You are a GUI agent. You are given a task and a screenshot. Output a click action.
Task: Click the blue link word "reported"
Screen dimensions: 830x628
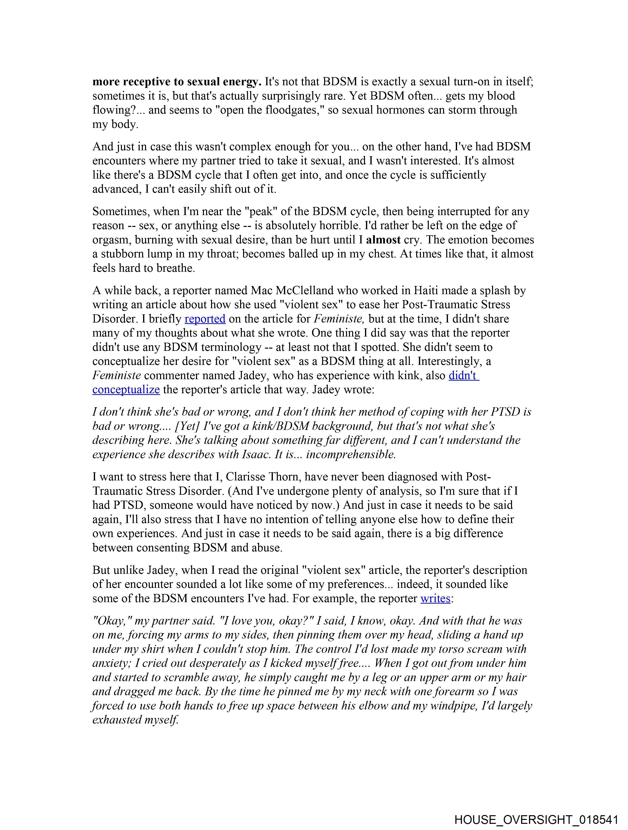[x=205, y=319]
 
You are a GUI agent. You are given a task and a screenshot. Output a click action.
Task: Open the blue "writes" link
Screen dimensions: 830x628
[x=435, y=598]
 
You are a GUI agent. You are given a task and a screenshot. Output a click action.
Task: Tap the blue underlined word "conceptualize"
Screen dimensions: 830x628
[x=126, y=390]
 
